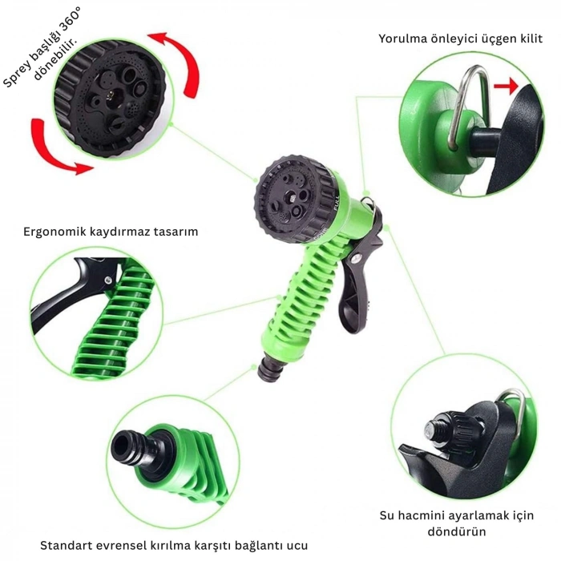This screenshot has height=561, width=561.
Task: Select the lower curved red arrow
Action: point(58,148)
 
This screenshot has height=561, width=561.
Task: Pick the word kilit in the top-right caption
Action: point(524,38)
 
